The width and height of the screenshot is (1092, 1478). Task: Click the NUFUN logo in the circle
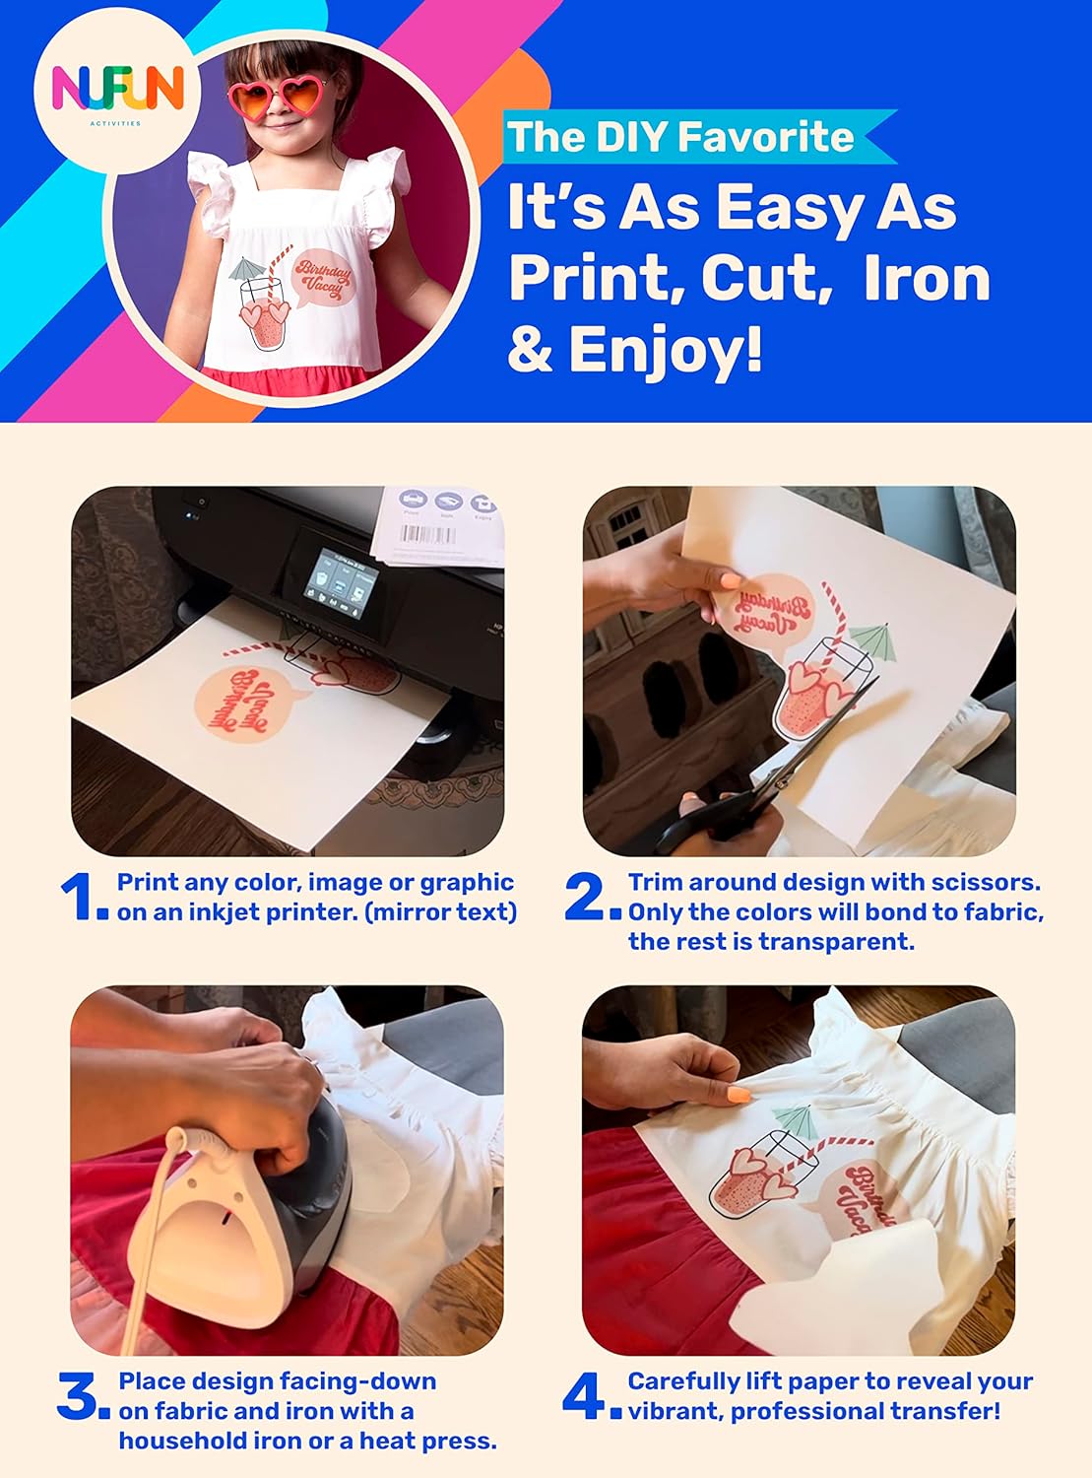point(117,92)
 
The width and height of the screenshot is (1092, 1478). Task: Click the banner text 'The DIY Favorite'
point(680,137)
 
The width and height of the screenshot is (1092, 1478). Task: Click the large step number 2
point(588,897)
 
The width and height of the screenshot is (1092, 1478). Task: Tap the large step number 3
point(79,1396)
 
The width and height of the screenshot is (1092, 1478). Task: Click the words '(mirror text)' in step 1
point(441,912)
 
